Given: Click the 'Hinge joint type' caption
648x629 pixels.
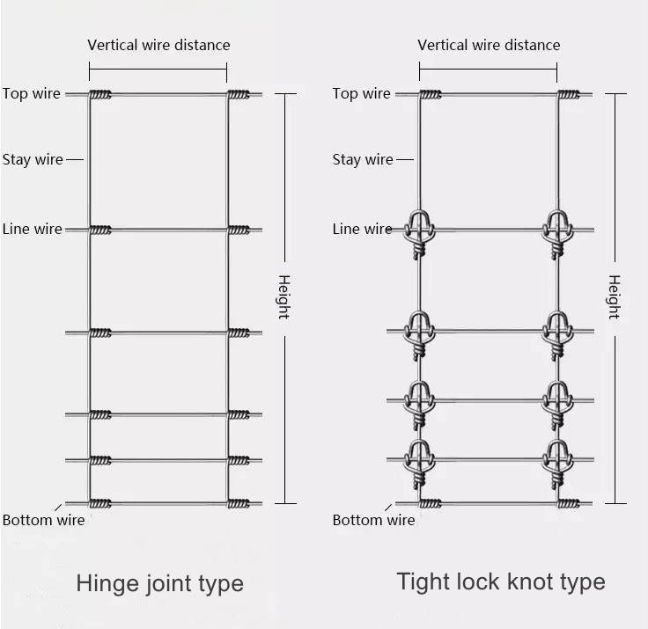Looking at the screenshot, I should pyautogui.click(x=159, y=583).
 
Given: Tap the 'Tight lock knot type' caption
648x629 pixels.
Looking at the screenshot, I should pyautogui.click(x=500, y=581).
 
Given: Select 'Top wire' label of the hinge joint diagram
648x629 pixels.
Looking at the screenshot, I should pyautogui.click(x=32, y=93).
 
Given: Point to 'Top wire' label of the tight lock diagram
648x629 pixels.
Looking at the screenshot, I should pyautogui.click(x=361, y=93).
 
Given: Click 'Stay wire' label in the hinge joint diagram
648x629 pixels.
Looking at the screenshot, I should pyautogui.click(x=33, y=159).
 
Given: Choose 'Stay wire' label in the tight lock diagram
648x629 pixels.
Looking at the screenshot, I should pyautogui.click(x=363, y=159).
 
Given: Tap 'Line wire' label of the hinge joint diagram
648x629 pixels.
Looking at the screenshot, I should pyautogui.click(x=33, y=229).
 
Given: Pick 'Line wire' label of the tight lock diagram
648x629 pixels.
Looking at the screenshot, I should pyautogui.click(x=362, y=229).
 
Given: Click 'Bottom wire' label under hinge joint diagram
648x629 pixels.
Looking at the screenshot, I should pyautogui.click(x=43, y=520).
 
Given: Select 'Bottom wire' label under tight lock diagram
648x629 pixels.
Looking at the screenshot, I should pyautogui.click(x=373, y=520).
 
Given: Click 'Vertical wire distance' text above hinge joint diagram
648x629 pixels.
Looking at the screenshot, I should pyautogui.click(x=158, y=45).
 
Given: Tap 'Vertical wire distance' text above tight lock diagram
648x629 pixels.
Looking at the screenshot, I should pyautogui.click(x=489, y=45).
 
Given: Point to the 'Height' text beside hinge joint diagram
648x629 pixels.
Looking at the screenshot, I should pyautogui.click(x=283, y=296).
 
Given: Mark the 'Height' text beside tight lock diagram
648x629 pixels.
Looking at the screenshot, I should pyautogui.click(x=614, y=296).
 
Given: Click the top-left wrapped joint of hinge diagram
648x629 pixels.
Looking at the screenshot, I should pyautogui.click(x=100, y=94).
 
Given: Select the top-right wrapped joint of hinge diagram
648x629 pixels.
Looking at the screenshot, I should pyautogui.click(x=239, y=94).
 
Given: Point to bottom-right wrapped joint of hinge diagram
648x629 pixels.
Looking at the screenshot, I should pyautogui.click(x=239, y=503).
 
